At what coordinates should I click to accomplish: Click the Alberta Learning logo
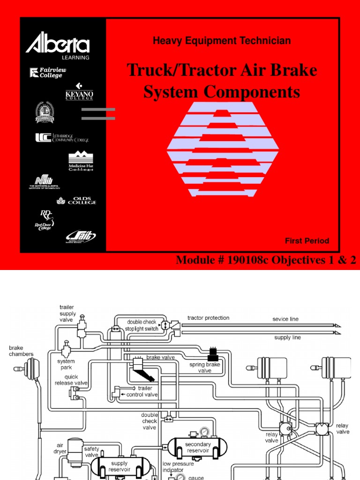point(58,46)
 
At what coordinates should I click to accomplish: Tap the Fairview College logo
point(48,72)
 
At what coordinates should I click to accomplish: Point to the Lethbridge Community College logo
point(62,137)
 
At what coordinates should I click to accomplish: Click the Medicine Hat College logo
point(81,162)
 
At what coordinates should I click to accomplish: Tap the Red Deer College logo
point(46,220)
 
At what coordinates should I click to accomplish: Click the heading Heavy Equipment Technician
point(222,41)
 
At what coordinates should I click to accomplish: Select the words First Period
point(307,241)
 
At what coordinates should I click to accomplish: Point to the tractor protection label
point(208,318)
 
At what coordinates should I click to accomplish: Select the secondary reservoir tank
point(198,448)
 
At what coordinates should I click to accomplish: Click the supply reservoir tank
point(119,466)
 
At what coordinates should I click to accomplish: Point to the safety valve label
point(91,452)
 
